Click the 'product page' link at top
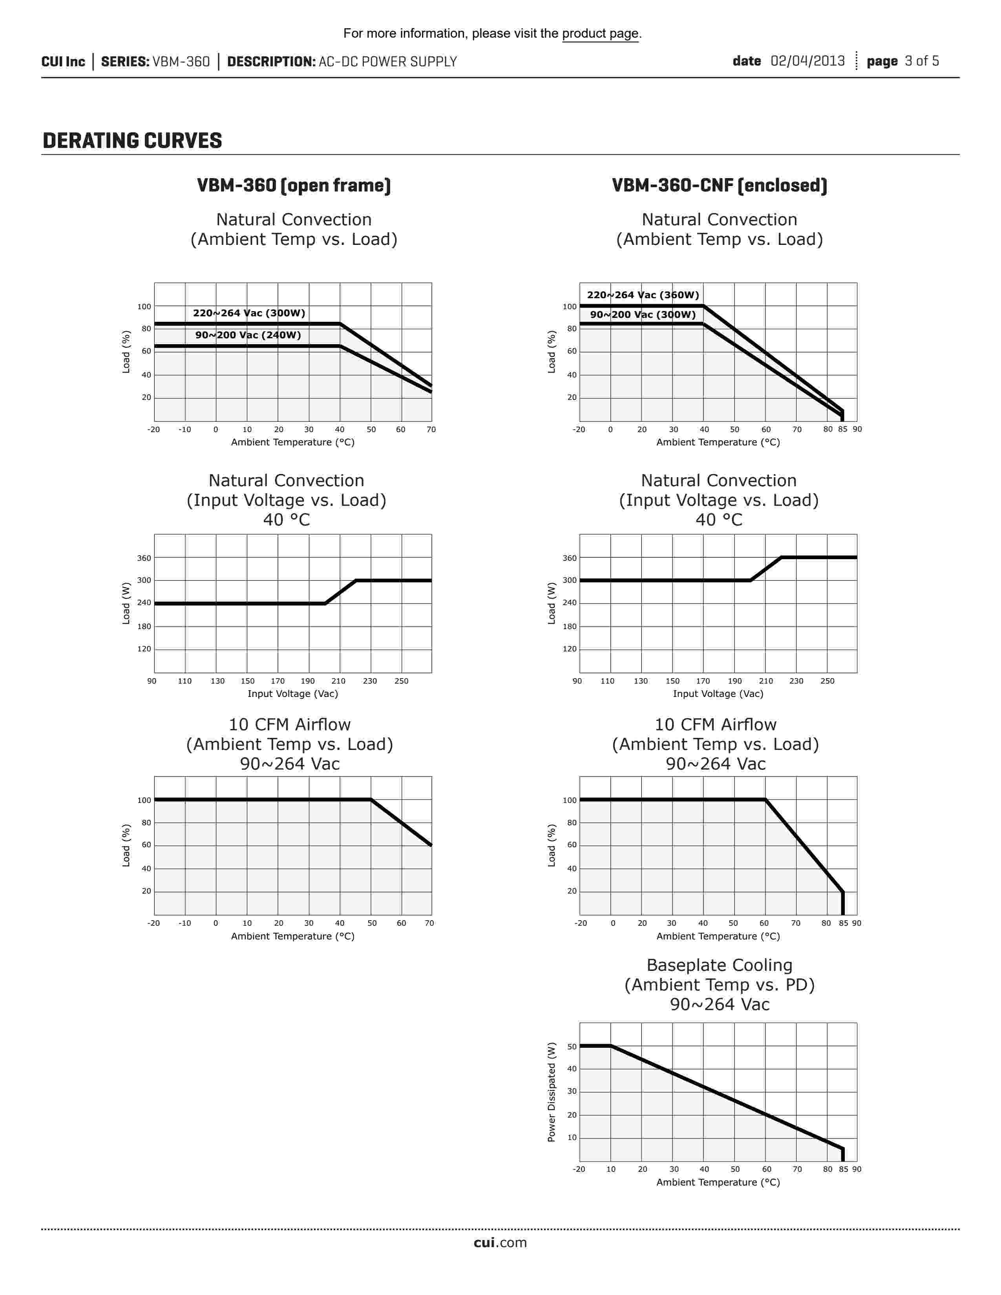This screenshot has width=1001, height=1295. click(x=600, y=33)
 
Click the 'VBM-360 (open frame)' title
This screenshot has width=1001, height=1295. click(x=294, y=186)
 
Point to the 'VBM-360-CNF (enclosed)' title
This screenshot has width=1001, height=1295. click(x=719, y=186)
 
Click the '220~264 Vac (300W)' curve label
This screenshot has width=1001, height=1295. click(x=249, y=313)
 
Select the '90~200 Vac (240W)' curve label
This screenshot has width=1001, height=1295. click(x=248, y=335)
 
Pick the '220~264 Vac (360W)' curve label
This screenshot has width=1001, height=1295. click(x=643, y=295)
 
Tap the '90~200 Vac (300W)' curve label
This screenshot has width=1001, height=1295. click(x=643, y=314)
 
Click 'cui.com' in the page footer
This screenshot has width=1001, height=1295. click(x=500, y=1243)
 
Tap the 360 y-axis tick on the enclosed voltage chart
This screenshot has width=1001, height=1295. click(x=569, y=558)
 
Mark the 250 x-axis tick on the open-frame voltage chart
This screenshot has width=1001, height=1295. click(x=402, y=681)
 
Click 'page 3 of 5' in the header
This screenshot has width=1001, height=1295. click(x=902, y=61)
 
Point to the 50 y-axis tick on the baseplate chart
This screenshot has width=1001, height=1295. click(x=572, y=1047)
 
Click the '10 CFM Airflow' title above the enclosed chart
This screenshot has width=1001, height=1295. click(x=715, y=724)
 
